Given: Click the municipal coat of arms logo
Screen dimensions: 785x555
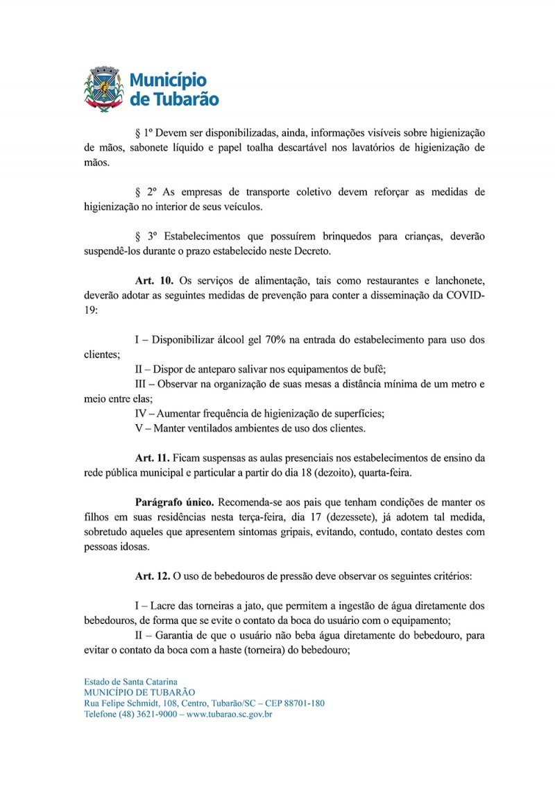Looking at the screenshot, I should click(103, 87).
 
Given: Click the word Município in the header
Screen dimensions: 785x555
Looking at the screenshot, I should click(168, 79).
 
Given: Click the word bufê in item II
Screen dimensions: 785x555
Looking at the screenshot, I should click(364, 369).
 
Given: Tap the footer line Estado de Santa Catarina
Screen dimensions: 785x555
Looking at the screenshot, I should click(130, 682).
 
